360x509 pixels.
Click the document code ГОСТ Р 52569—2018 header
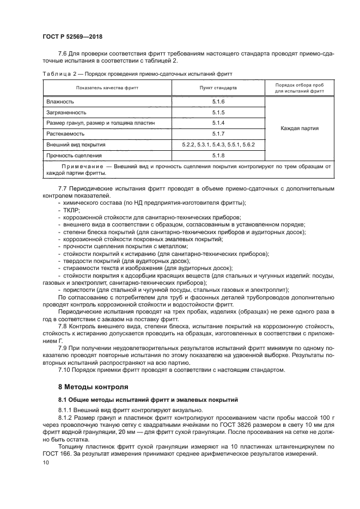tap(72, 37)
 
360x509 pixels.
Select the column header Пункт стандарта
tap(218, 88)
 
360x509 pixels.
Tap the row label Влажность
tap(60, 102)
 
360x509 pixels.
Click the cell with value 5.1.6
tap(218, 102)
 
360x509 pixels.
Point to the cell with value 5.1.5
tap(218, 112)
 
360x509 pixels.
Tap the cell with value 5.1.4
tap(218, 123)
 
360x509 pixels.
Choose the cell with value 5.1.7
tap(218, 133)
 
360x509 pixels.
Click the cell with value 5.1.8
tap(218, 155)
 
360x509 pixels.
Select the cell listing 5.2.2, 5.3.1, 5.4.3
tap(218, 144)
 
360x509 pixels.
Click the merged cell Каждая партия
tap(300, 128)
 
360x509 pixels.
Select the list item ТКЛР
tap(72, 210)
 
